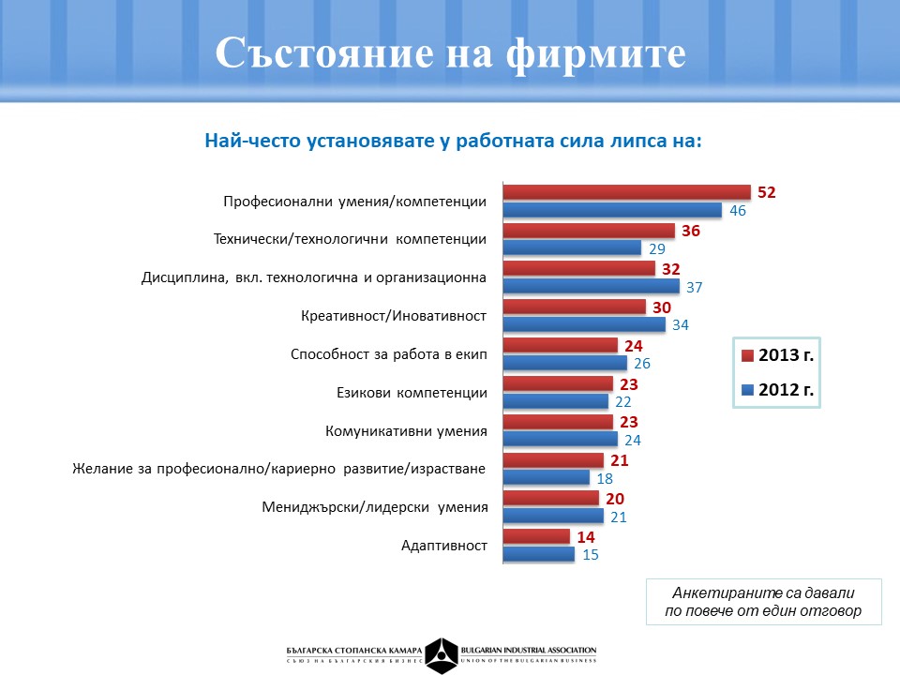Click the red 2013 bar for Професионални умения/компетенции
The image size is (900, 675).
point(626,192)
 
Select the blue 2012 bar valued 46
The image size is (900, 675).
point(612,211)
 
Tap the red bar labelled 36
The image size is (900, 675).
point(589,231)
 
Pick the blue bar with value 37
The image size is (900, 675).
point(597,287)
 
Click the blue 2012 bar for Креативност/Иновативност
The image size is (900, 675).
point(584,325)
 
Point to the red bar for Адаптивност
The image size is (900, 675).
point(536,536)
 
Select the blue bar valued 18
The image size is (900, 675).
point(547,478)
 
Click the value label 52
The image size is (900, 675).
point(767,192)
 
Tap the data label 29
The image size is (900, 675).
point(657,249)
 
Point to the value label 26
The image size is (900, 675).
point(642,364)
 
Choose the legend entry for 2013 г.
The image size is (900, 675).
point(777,356)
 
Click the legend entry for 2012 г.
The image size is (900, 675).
point(777,389)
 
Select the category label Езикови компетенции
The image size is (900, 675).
point(412,393)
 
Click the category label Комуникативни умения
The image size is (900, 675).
point(406,431)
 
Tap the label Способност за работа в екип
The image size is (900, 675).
point(389,354)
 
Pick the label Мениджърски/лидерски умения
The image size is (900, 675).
point(375,507)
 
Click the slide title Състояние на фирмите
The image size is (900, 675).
point(450,53)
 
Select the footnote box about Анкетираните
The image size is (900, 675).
point(764,602)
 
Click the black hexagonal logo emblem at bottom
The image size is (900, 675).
point(442,654)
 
